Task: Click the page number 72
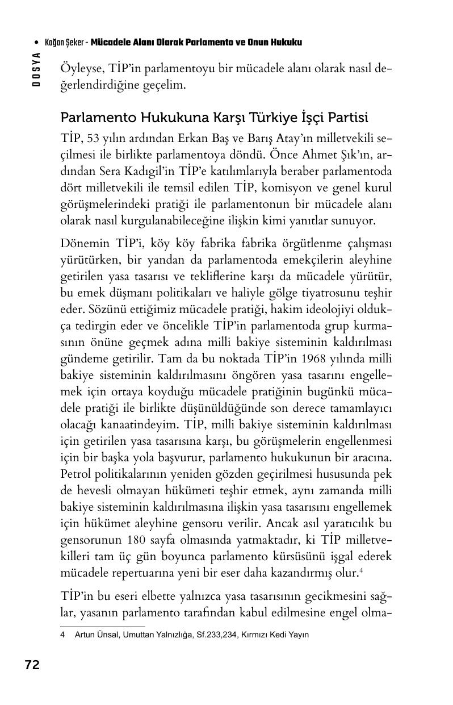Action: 32,665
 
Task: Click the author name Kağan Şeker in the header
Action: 64,43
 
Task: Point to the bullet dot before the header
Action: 37,43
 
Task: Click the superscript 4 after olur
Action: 361,570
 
